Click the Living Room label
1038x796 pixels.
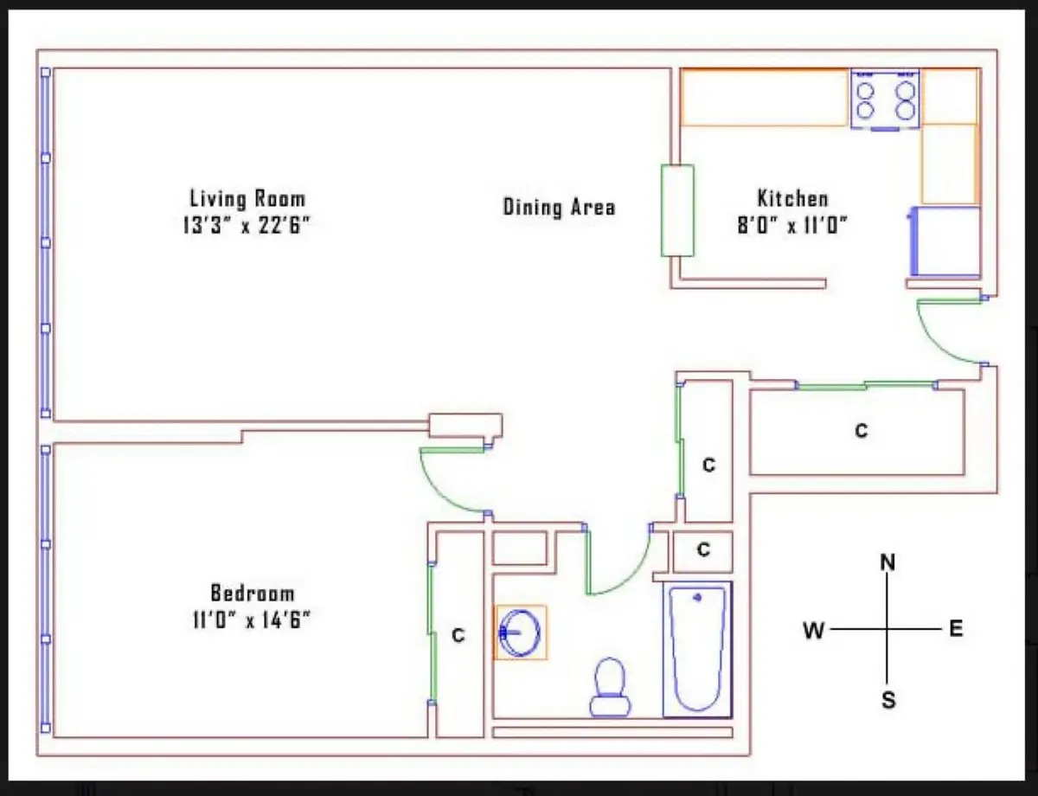247,198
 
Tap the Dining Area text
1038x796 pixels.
560,207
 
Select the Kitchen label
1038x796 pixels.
793,198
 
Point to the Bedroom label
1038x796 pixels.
253,594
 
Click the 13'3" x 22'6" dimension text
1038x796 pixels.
247,225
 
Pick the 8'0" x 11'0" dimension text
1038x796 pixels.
792,225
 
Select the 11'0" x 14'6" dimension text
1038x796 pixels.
252,620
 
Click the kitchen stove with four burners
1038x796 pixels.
885,99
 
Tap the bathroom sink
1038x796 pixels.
520,632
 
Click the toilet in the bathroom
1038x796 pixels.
610,688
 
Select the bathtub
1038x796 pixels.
697,650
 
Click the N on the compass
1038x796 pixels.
887,562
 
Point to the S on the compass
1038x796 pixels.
888,701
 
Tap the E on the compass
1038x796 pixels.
956,629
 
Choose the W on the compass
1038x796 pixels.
813,631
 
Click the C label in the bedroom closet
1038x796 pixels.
458,635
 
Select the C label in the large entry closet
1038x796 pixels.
862,431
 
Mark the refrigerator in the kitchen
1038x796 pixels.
945,241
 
